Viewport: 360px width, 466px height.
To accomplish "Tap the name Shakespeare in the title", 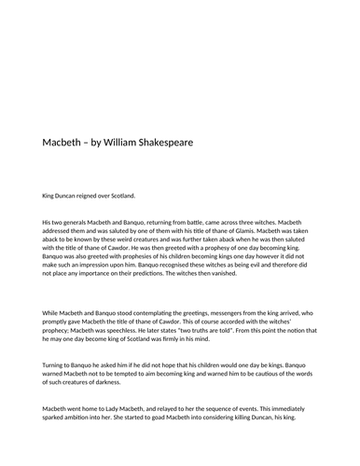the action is [x=191, y=143].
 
